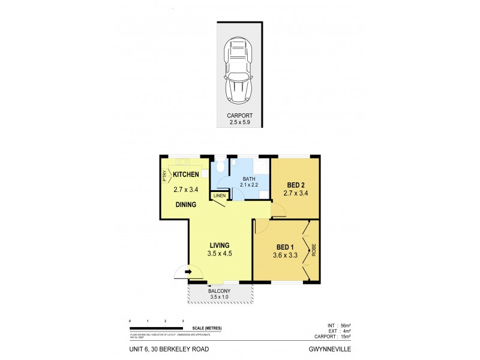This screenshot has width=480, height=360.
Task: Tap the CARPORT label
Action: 240,115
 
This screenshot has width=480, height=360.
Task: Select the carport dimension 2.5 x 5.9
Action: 240,122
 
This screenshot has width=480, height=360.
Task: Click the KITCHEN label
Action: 186,175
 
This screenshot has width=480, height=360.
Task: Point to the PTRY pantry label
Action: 164,176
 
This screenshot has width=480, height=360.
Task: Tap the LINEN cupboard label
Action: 218,195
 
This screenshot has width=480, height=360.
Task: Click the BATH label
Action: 250,179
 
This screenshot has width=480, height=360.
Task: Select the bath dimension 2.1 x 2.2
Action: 250,185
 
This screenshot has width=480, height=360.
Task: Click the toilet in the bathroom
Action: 220,166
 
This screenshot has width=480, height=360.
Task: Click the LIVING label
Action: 220,245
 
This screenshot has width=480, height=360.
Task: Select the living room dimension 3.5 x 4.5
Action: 220,254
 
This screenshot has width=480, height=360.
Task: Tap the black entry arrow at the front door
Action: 188,272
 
